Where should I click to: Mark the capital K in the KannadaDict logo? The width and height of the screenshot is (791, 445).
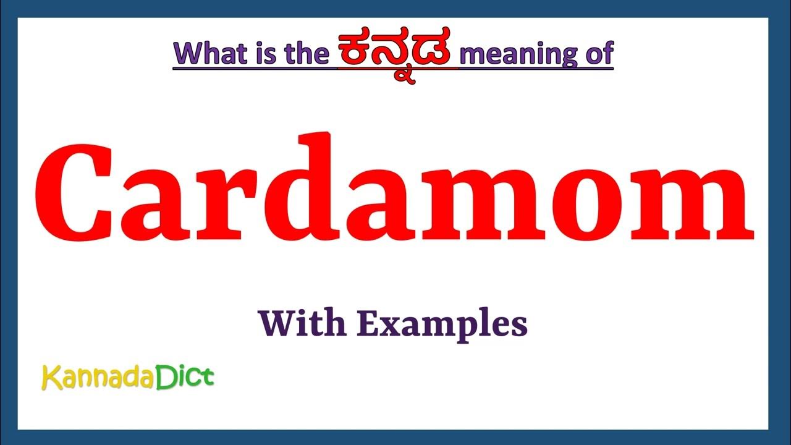pyautogui.click(x=50, y=378)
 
